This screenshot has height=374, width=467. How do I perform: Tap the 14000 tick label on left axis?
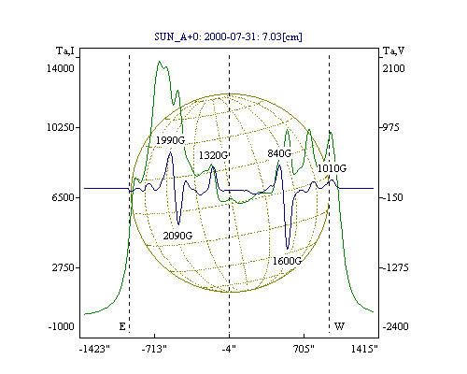click(x=61, y=68)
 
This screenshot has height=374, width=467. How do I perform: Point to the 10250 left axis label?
click(x=61, y=127)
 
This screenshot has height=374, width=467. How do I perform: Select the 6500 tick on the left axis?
click(x=64, y=197)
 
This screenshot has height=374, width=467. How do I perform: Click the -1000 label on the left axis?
click(x=62, y=326)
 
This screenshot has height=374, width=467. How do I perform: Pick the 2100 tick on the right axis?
click(x=394, y=68)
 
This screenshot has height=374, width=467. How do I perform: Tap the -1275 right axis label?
click(x=395, y=267)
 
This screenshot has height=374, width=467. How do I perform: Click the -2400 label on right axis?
click(x=395, y=326)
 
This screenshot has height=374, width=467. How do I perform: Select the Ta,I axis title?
click(x=65, y=50)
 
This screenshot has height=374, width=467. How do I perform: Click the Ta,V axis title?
click(x=393, y=50)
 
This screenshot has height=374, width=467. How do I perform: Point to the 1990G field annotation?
click(x=170, y=140)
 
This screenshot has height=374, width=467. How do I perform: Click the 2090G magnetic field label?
click(x=177, y=236)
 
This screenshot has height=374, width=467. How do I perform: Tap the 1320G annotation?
click(x=214, y=155)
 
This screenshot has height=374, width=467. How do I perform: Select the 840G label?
click(x=279, y=153)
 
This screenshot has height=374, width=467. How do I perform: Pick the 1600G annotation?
click(x=287, y=261)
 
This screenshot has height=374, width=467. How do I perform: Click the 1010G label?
click(x=332, y=168)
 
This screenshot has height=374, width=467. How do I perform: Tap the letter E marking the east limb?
click(x=122, y=326)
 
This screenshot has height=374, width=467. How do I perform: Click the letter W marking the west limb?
click(x=339, y=326)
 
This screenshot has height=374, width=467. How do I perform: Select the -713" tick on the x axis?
click(x=154, y=349)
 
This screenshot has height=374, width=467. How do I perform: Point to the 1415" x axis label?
click(x=364, y=349)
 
